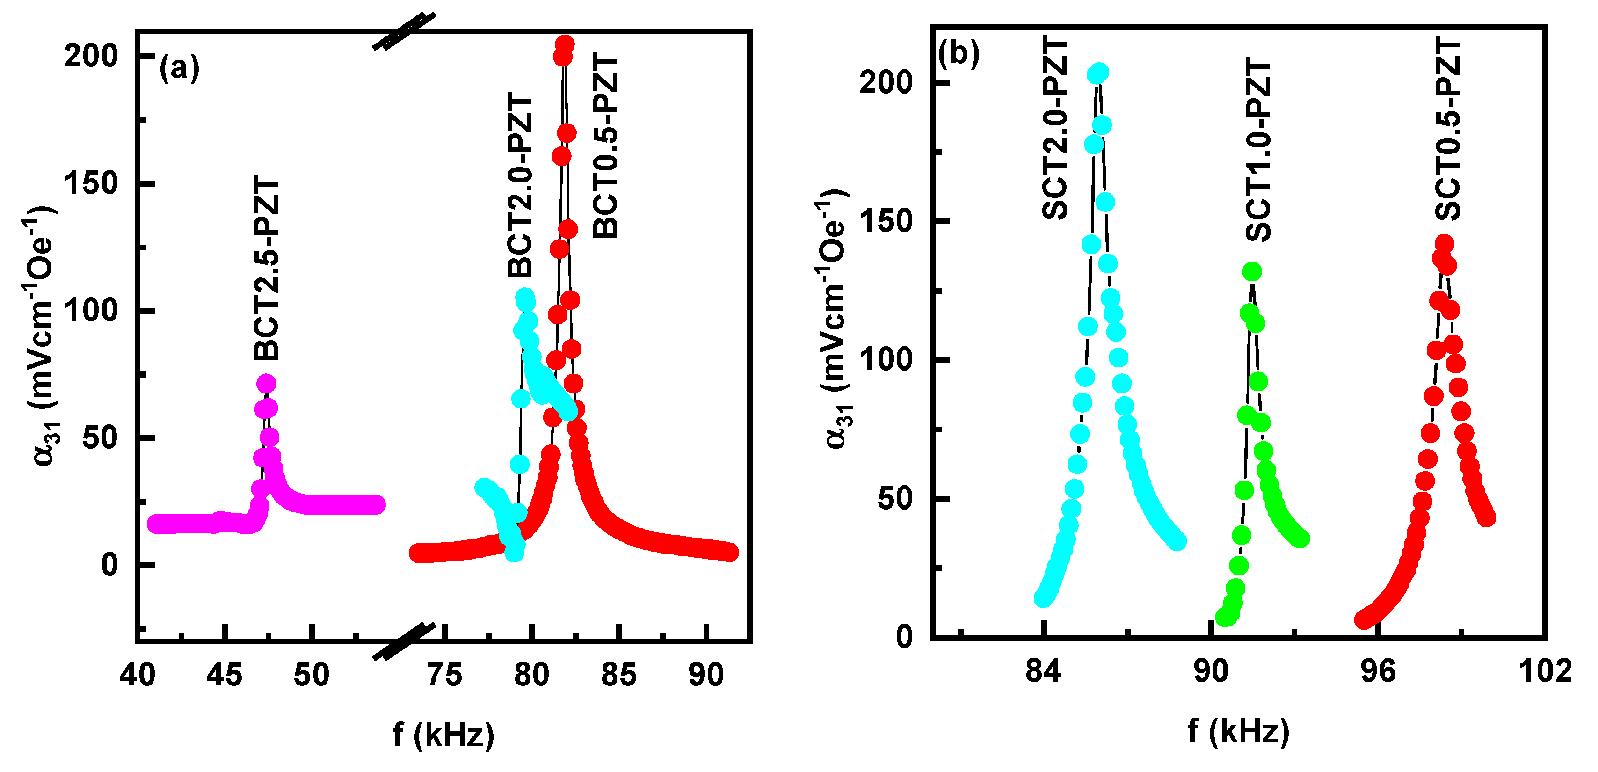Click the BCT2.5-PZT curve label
267,268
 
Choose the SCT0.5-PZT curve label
1448,128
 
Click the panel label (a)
179,68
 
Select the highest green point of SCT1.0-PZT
1252,271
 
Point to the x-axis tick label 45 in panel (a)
224,675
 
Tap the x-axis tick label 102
1545,671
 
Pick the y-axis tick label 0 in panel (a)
110,565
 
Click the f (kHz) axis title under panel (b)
1238,730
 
